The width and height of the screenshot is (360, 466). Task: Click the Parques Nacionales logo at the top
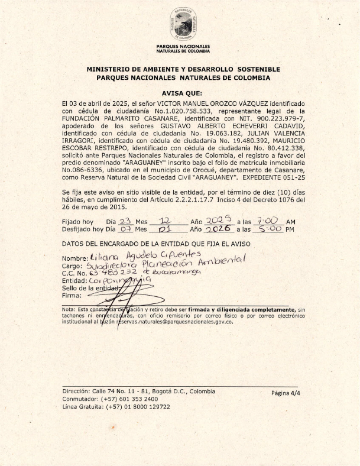pyautogui.click(x=183, y=25)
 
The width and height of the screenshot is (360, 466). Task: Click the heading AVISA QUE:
pyautogui.click(x=183, y=93)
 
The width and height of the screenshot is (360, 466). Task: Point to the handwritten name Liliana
pyautogui.click(x=103, y=258)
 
